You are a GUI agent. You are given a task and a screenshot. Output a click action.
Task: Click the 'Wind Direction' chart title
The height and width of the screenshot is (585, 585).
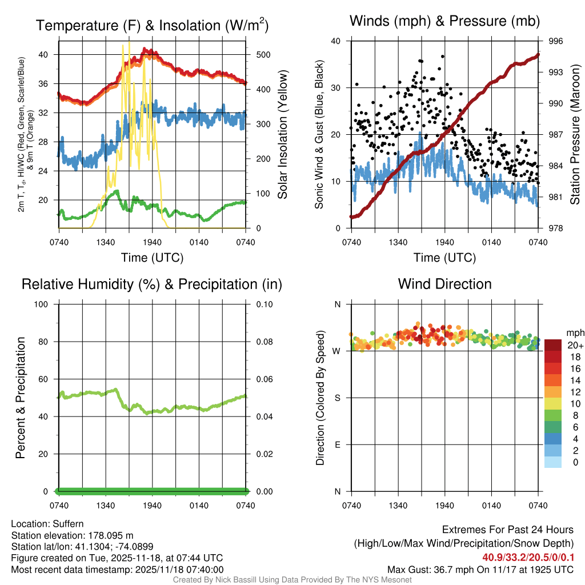(444, 284)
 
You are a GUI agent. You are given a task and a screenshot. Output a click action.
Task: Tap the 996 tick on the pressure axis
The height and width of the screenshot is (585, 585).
(556, 41)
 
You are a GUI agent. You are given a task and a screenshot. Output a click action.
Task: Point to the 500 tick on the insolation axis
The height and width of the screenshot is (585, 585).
(263, 55)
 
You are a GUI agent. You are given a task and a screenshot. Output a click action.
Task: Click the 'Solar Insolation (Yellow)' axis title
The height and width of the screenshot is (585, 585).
(282, 135)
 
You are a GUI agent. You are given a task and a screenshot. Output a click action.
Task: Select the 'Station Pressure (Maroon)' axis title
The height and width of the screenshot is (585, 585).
(575, 135)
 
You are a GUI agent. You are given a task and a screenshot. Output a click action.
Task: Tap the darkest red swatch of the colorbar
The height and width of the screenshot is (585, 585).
(552, 345)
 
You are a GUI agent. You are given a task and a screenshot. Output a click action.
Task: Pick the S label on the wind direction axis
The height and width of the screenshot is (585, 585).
(337, 398)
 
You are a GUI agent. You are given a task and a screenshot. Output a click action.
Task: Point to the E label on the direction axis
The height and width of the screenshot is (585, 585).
(337, 444)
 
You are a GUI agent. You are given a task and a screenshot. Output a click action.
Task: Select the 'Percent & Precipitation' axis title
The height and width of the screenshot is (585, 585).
(21, 398)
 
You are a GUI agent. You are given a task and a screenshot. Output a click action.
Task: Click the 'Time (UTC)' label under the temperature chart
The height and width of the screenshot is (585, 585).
(152, 258)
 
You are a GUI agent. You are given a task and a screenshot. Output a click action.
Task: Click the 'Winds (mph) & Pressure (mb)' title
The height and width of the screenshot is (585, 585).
(444, 22)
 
